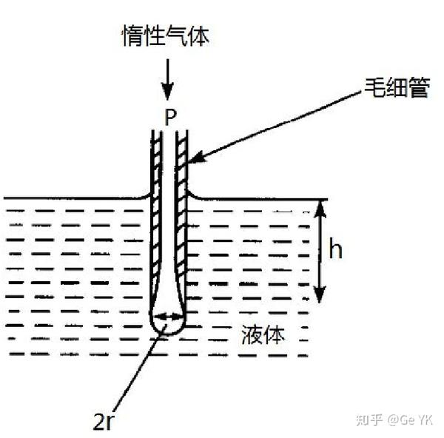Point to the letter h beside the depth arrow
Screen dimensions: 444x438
335,251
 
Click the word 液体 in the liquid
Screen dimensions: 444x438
262,335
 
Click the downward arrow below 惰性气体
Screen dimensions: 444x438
168,81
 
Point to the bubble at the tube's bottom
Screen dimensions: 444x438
167,322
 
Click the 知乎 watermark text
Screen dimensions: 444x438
369,420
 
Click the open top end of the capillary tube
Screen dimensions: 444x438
169,133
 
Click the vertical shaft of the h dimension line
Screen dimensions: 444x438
320,252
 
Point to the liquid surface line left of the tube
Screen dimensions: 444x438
74,198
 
